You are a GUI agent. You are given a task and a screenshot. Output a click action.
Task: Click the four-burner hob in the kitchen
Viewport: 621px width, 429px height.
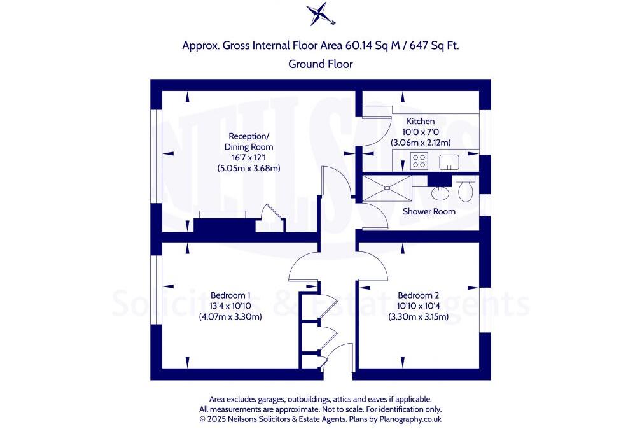[x=420, y=161]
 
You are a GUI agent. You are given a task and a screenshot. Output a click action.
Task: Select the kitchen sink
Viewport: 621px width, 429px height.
[x=449, y=162]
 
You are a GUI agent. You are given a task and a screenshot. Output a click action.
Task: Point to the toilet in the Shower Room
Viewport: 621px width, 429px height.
[x=465, y=188]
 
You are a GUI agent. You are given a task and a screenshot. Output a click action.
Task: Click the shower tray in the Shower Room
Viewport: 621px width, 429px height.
[x=387, y=188]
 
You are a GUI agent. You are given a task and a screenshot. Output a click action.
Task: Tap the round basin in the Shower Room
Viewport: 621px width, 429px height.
[x=440, y=192]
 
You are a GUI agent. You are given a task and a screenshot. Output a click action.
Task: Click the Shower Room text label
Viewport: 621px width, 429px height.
[x=429, y=211]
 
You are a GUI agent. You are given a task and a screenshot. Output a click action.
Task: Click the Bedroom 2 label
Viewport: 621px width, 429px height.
[x=418, y=295]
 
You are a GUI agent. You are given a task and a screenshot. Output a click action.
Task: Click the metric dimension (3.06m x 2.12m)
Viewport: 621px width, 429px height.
[x=421, y=143]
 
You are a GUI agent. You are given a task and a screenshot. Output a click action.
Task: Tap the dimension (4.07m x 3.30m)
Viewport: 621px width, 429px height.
[x=230, y=316]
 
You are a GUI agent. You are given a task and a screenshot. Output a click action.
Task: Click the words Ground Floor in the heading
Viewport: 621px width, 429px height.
[x=320, y=64]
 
